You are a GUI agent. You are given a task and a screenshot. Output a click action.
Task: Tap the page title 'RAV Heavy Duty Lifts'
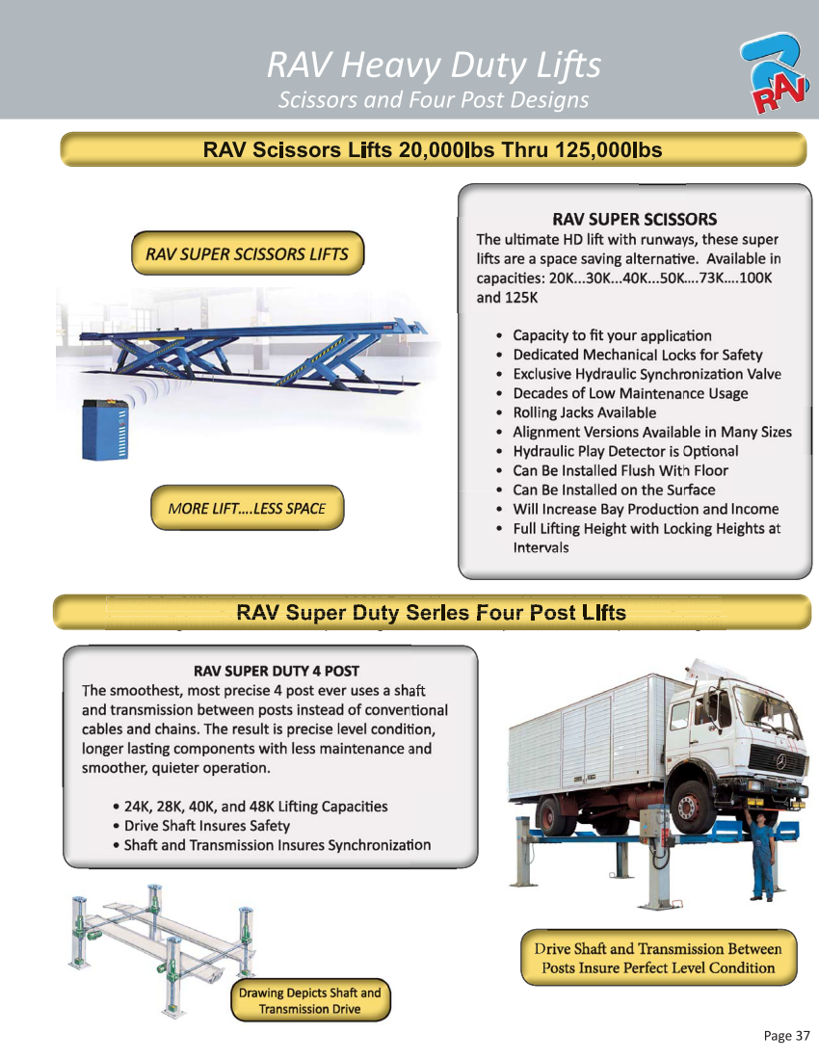tap(433, 66)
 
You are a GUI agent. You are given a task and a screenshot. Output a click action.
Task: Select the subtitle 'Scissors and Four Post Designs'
tap(433, 100)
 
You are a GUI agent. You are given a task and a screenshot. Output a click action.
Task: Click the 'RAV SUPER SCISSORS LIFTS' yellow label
tap(247, 254)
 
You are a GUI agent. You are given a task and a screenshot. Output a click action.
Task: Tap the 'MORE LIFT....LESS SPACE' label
tap(247, 508)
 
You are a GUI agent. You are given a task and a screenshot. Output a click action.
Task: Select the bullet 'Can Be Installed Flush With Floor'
tap(620, 470)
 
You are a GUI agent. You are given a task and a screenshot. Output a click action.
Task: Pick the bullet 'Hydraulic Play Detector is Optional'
tap(625, 451)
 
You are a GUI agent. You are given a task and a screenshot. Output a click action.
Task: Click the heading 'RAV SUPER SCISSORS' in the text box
tap(633, 220)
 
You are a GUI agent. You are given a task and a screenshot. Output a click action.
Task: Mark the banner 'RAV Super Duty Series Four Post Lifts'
tap(432, 613)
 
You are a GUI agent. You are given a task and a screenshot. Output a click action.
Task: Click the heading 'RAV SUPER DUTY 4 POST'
tap(277, 670)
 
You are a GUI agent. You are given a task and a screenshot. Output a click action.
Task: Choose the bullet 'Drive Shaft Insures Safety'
tap(206, 826)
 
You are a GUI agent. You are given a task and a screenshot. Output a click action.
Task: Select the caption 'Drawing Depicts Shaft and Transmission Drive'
tap(310, 1000)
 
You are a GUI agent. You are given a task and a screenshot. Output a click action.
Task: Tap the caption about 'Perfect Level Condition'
tap(658, 958)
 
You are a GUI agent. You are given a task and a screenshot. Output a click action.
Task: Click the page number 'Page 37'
tap(786, 1036)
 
